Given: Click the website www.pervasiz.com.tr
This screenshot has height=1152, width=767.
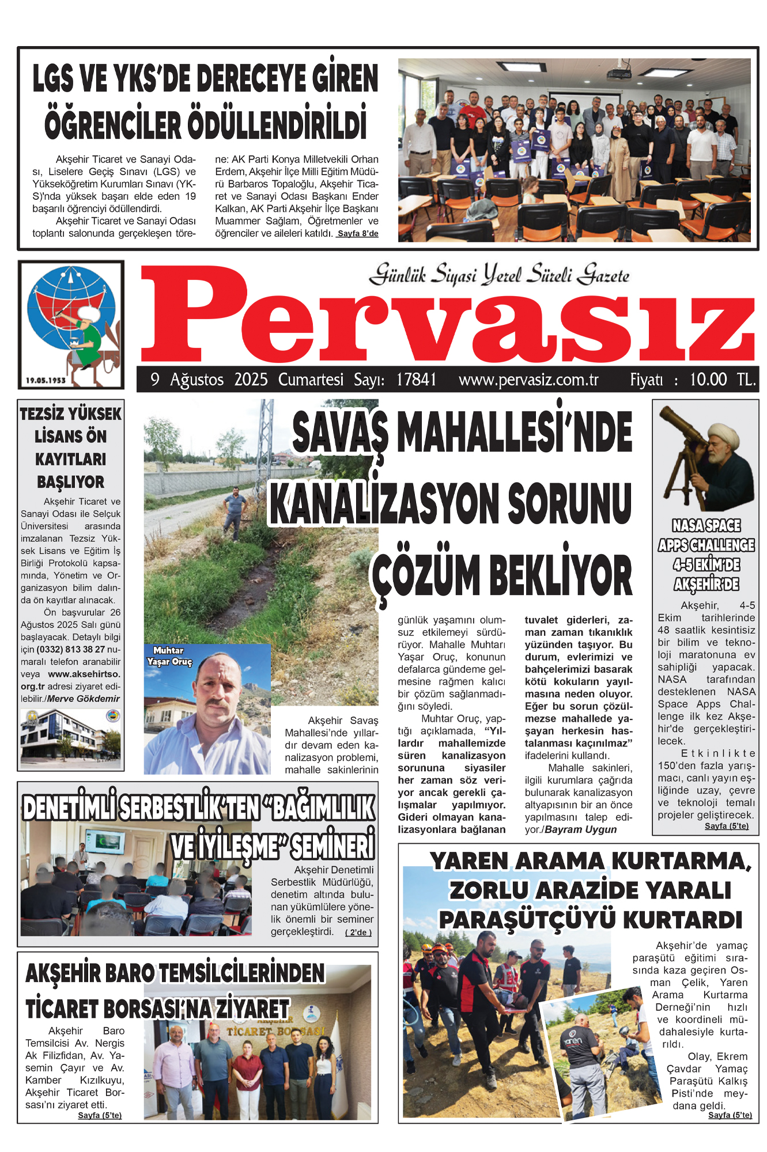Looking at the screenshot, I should click(528, 380).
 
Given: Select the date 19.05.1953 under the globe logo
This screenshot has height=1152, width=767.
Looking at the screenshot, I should click(46, 380).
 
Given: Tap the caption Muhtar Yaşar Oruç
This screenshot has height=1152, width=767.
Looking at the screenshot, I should click(169, 656).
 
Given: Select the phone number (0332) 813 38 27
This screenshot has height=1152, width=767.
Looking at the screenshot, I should click(71, 649).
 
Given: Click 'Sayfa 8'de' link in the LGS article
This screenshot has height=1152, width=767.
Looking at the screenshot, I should click(358, 234).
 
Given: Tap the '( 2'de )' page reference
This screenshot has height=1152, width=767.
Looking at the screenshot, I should click(358, 933).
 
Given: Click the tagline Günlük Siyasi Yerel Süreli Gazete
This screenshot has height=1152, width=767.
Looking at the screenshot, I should click(499, 275).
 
